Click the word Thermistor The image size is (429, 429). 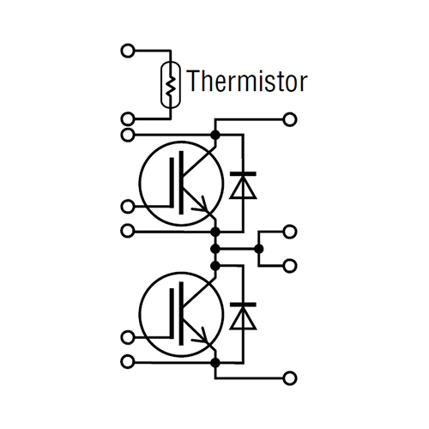pos(247,81)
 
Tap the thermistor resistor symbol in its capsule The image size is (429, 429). pos(171,85)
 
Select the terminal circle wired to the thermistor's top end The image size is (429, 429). pos(128,51)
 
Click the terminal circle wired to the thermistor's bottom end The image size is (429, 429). pos(128,118)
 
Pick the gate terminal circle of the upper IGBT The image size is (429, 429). pos(128,206)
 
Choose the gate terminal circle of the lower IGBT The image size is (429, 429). pos(128,337)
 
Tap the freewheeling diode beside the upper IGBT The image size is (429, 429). pos(243,185)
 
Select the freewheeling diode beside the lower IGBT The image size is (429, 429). pos(243,316)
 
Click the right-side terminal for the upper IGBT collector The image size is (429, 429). pos(290,119)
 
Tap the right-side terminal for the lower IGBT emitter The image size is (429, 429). pos(290,378)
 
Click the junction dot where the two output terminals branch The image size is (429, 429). pos(259,249)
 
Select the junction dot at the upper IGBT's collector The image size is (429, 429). pos(215,135)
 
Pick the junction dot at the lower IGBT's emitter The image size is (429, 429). pos(215,363)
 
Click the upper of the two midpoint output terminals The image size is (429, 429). pos(290,232)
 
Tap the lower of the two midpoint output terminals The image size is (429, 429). pos(290,266)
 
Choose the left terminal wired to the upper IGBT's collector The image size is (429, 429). pos(128,135)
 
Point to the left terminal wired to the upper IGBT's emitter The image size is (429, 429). pos(128,231)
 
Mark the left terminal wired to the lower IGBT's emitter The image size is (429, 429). pos(128,362)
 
